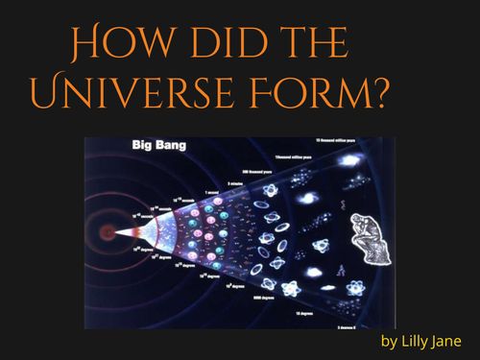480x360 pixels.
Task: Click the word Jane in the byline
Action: click(451, 342)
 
